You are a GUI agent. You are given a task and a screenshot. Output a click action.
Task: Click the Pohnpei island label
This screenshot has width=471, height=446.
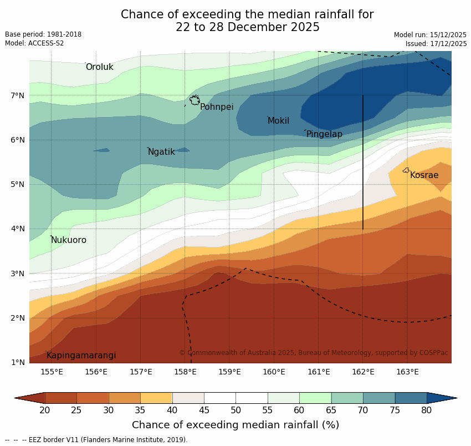217,107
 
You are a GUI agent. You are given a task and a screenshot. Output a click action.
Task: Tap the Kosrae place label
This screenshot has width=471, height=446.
424,175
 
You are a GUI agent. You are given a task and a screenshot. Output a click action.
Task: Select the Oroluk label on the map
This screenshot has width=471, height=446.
99,67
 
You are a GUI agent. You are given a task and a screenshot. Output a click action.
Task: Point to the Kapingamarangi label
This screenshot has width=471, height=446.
81,356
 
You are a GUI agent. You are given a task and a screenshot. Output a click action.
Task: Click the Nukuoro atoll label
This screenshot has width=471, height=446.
69,240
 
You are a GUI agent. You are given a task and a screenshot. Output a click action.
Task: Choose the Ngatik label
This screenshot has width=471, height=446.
161,152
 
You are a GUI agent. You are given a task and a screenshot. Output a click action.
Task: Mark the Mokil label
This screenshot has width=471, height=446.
278,121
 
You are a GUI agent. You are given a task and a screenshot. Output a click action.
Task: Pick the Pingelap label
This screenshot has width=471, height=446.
324,134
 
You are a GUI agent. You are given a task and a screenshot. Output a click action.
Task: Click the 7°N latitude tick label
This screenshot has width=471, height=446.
18,95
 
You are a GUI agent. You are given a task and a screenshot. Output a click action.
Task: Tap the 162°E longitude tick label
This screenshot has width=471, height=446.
363,372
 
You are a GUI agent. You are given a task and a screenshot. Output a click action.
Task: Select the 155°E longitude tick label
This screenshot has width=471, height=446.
52,372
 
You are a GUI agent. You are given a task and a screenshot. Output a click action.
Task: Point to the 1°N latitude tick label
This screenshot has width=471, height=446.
18,363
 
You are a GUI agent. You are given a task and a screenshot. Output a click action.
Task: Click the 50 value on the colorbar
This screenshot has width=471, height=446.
236,410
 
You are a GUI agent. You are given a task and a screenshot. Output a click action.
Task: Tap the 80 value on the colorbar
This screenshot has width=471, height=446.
427,410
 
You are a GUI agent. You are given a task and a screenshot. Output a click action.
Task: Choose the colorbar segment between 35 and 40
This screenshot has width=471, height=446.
156,398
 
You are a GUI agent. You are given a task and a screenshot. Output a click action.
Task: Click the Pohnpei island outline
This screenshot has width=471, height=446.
194,100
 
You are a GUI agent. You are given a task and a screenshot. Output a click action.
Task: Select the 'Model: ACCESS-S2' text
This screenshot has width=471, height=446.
34,43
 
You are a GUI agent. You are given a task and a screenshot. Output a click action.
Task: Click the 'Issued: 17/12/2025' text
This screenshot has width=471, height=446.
436,43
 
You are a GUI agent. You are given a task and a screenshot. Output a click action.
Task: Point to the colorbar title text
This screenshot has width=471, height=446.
235,425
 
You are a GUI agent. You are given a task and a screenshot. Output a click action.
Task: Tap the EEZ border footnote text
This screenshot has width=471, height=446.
96,440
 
